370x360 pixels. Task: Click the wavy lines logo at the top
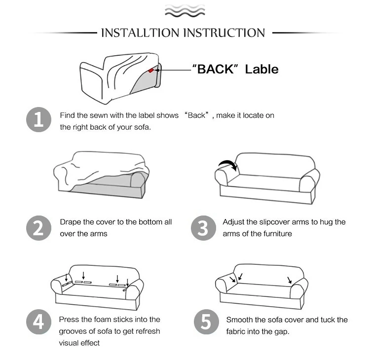click(x=185, y=11)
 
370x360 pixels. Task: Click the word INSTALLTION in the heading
click(x=140, y=33)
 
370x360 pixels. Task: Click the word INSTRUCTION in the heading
click(x=224, y=33)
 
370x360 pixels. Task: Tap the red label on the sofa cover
click(x=151, y=71)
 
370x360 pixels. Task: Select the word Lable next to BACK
click(x=261, y=69)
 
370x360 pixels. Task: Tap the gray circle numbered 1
click(x=38, y=120)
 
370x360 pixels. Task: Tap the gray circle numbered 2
click(x=38, y=228)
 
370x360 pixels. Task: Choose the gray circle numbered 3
click(x=203, y=228)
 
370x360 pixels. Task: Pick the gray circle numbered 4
click(x=38, y=322)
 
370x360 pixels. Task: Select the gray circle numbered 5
click(x=206, y=322)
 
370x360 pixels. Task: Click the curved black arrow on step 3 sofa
click(x=228, y=162)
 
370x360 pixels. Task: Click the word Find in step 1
click(x=67, y=115)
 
